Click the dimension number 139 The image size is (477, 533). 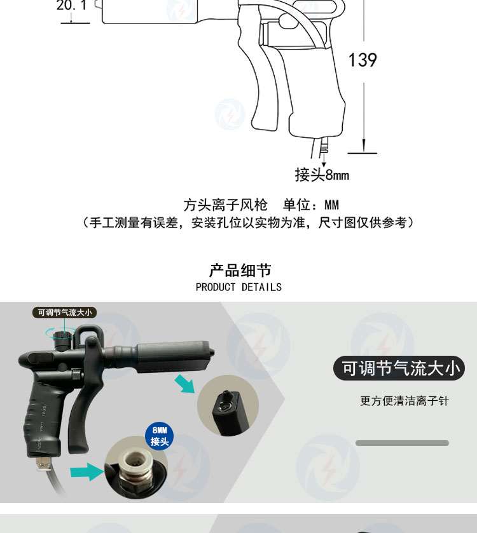click(363, 60)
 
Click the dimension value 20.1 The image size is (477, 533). click(72, 5)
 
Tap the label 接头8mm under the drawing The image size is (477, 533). click(322, 175)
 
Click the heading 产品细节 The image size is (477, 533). click(240, 271)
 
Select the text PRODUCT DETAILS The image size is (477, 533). click(238, 287)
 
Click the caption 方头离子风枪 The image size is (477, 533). click(225, 205)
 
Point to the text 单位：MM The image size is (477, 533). click(310, 205)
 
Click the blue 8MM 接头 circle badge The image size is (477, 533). click(159, 436)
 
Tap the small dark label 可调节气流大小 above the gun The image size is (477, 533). click(65, 313)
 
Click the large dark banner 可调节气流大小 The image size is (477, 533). click(399, 368)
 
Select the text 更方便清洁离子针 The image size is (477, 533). click(404, 401)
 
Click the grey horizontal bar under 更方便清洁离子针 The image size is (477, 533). click(402, 443)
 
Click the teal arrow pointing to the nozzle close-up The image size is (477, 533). click(184, 384)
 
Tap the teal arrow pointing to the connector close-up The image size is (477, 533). click(86, 471)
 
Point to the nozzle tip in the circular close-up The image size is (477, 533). click(226, 395)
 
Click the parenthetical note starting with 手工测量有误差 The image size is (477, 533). click(249, 223)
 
